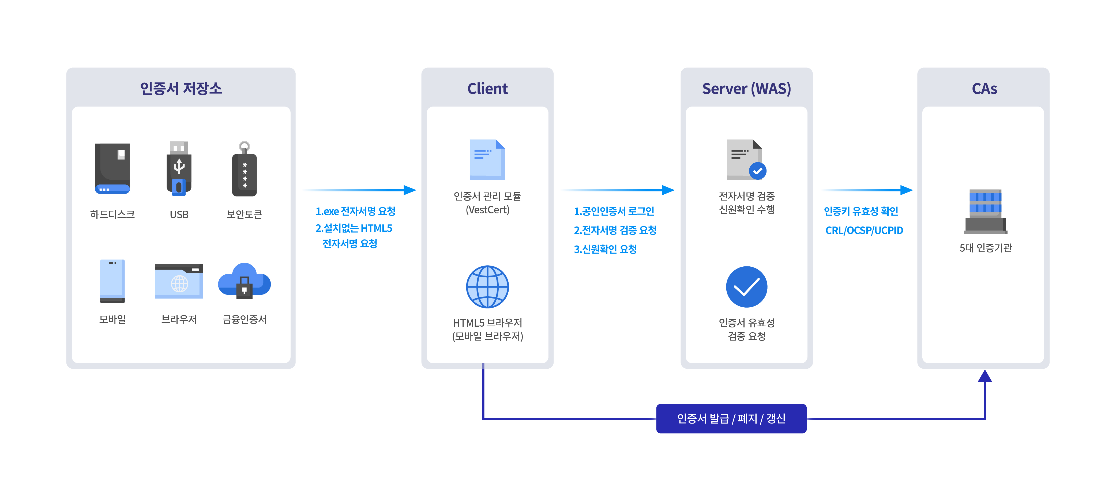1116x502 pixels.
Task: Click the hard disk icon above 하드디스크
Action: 112,168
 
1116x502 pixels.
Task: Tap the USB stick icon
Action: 179,168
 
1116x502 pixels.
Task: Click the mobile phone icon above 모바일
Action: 112,281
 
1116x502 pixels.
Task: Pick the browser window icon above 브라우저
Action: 179,281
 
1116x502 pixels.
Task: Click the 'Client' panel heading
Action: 487,89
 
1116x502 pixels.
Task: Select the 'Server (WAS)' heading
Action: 746,89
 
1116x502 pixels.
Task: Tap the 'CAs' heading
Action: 984,89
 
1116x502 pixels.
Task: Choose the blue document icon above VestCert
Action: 487,159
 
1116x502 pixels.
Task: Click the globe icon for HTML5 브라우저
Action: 487,287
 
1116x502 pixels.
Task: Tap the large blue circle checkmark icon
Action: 746,287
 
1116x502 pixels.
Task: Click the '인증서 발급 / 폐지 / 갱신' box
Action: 731,418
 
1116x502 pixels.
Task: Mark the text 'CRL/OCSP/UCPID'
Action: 864,231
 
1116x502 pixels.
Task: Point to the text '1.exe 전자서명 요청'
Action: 355,211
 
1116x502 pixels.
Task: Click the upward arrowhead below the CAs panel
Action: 985,376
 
